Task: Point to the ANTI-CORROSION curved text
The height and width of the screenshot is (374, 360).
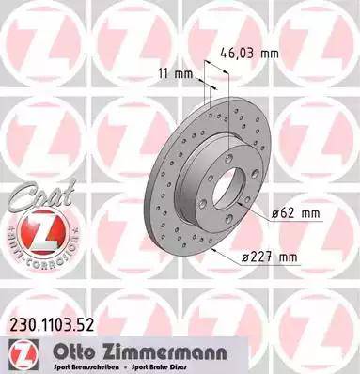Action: coord(34,257)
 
